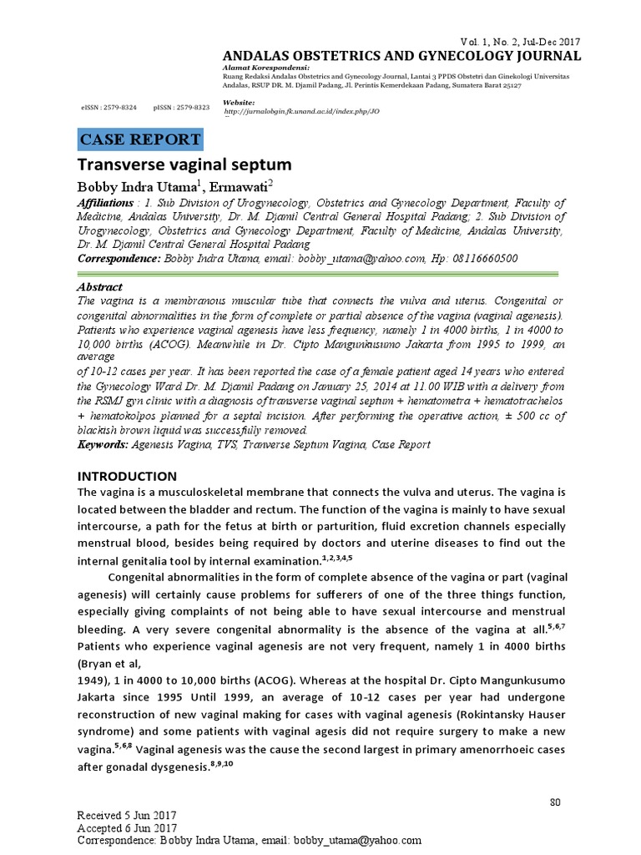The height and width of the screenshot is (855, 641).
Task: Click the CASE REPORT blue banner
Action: (140, 139)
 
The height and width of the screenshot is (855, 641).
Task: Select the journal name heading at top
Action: (402, 56)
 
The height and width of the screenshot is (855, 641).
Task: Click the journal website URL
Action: (302, 110)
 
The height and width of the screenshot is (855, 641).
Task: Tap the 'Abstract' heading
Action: (99, 285)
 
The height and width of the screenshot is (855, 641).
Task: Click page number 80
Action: (554, 803)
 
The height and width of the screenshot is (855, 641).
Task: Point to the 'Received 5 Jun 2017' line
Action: (127, 816)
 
